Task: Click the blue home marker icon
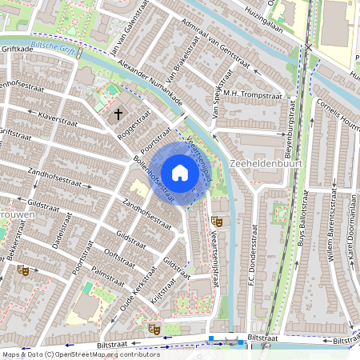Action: (x=180, y=173)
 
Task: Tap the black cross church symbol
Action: (x=119, y=114)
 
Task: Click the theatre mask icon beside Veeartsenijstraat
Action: (x=217, y=221)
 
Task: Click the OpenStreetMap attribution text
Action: (x=70, y=354)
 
